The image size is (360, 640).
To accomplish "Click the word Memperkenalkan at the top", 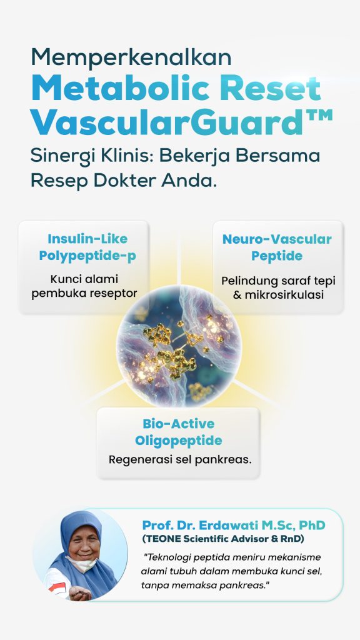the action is pyautogui.click(x=131, y=57).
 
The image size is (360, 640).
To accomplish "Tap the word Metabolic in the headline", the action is pyautogui.click(x=122, y=88).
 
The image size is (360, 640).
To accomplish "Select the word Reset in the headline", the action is pyautogui.click(x=270, y=88).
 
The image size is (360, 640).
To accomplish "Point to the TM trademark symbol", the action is pyautogui.click(x=318, y=116).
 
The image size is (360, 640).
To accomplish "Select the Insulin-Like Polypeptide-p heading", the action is pyautogui.click(x=87, y=247).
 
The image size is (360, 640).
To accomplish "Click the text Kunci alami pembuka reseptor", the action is pyautogui.click(x=84, y=286).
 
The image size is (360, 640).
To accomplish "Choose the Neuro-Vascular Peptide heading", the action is pyautogui.click(x=277, y=247).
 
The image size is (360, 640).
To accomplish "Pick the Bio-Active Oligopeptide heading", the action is pyautogui.click(x=178, y=432).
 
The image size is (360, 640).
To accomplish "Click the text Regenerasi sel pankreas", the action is pyautogui.click(x=180, y=459).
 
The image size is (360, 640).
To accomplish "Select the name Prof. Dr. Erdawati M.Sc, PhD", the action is pyautogui.click(x=234, y=525).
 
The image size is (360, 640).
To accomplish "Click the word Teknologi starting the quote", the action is pyautogui.click(x=167, y=557).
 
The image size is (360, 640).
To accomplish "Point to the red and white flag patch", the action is pyautogui.click(x=57, y=587).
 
